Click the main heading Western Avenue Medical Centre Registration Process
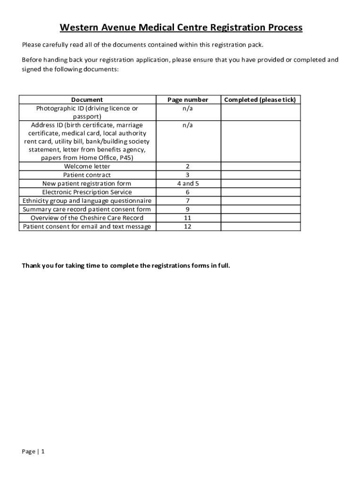[x=181, y=28]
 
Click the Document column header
[x=87, y=100]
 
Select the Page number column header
[x=188, y=100]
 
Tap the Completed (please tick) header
[x=260, y=100]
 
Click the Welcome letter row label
[x=87, y=166]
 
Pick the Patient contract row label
[x=87, y=175]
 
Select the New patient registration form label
[x=87, y=183]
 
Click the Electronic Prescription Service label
[x=87, y=192]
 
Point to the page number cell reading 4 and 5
[x=188, y=183]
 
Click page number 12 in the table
[x=188, y=226]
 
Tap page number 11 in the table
[x=188, y=218]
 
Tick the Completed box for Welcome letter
[x=260, y=166]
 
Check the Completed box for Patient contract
[x=260, y=175]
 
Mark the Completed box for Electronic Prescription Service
[x=260, y=192]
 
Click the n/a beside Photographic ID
[x=188, y=108]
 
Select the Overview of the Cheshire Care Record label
[x=87, y=218]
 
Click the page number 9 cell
[x=188, y=209]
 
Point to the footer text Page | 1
[x=33, y=451]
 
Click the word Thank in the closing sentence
[x=32, y=266]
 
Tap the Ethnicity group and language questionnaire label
[x=87, y=200]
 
